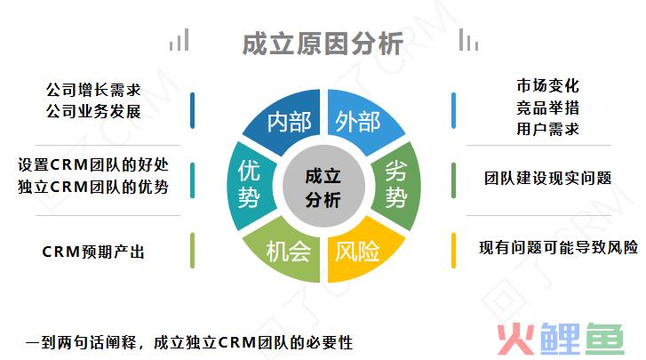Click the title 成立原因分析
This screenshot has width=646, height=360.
click(323, 44)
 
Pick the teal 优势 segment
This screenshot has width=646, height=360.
click(250, 186)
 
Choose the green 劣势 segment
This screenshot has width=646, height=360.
click(396, 186)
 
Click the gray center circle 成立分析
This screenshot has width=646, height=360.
click(323, 186)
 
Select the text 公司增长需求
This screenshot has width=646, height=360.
click(93, 90)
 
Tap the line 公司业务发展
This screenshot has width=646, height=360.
click(93, 111)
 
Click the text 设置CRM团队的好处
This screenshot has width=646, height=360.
click(93, 164)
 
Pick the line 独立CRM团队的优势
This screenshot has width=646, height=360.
click(93, 187)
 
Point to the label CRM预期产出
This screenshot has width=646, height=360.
click(93, 252)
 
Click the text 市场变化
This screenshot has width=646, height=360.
click(548, 86)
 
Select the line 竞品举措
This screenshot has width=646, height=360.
click(548, 108)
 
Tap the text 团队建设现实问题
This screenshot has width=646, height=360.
click(548, 179)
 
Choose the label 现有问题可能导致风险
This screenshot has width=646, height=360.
click(559, 247)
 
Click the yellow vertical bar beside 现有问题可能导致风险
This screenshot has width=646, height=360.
click(453, 251)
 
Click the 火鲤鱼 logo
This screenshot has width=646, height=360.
click(561, 339)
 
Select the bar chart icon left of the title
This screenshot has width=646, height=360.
click(179, 40)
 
